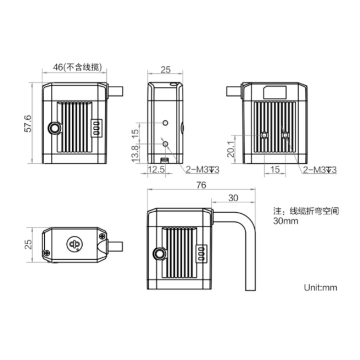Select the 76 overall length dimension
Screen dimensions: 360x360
point(201,185)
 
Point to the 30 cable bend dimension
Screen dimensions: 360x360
point(233,197)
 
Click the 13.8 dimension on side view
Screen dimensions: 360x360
point(135,154)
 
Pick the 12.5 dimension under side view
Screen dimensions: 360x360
point(157,169)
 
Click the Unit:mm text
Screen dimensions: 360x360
point(321,288)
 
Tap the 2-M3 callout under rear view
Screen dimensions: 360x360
point(320,169)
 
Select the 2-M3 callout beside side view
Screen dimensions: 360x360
point(202,169)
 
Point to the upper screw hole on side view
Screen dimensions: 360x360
point(166,123)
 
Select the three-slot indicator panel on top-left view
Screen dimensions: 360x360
point(96,128)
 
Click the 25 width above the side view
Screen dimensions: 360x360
point(165,70)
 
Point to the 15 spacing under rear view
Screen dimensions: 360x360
point(275,169)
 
